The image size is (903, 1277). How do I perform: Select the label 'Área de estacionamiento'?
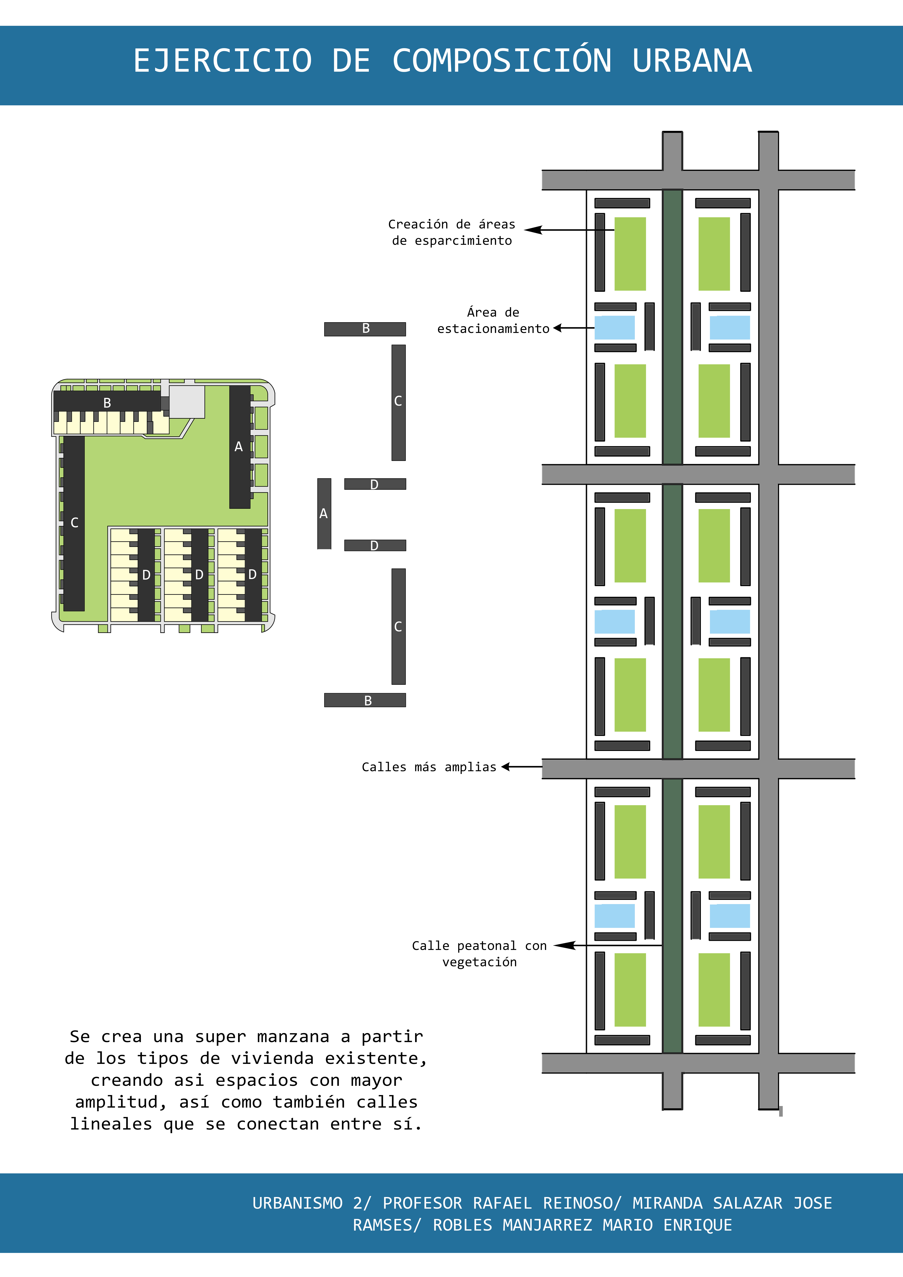tap(493, 320)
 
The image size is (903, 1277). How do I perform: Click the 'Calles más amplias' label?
tap(429, 767)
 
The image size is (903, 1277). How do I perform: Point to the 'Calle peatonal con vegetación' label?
tap(480, 954)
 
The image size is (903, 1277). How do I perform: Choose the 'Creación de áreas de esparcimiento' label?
tap(452, 232)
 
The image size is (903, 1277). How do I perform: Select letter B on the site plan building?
tap(107, 403)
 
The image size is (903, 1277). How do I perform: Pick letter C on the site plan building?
tap(75, 523)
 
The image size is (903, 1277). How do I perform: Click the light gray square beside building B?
tap(187, 402)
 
